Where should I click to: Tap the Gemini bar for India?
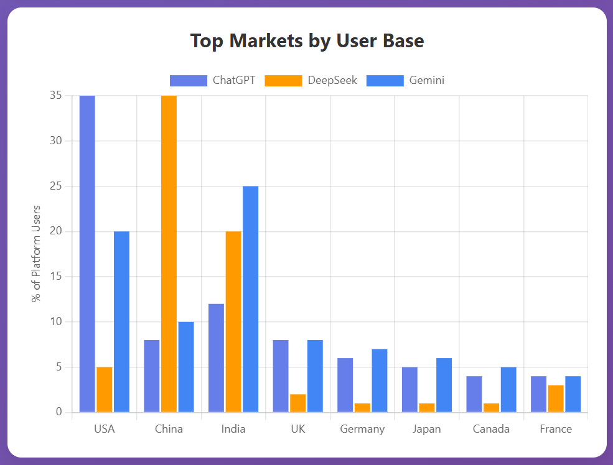(x=250, y=299)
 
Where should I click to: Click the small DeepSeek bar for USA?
(x=105, y=389)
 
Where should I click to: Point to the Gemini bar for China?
(x=186, y=367)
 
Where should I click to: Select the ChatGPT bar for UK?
(x=281, y=375)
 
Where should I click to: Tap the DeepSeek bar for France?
(x=556, y=398)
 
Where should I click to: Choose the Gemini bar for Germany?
(x=380, y=380)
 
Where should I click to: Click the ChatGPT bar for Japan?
(x=409, y=389)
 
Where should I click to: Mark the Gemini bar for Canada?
(x=508, y=389)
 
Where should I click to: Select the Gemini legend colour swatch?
(x=385, y=80)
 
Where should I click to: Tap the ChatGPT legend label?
(x=233, y=80)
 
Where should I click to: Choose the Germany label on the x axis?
(x=362, y=429)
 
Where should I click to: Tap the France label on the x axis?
(x=556, y=429)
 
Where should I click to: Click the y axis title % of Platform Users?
(x=37, y=253)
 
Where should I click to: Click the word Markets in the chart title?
(x=266, y=41)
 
